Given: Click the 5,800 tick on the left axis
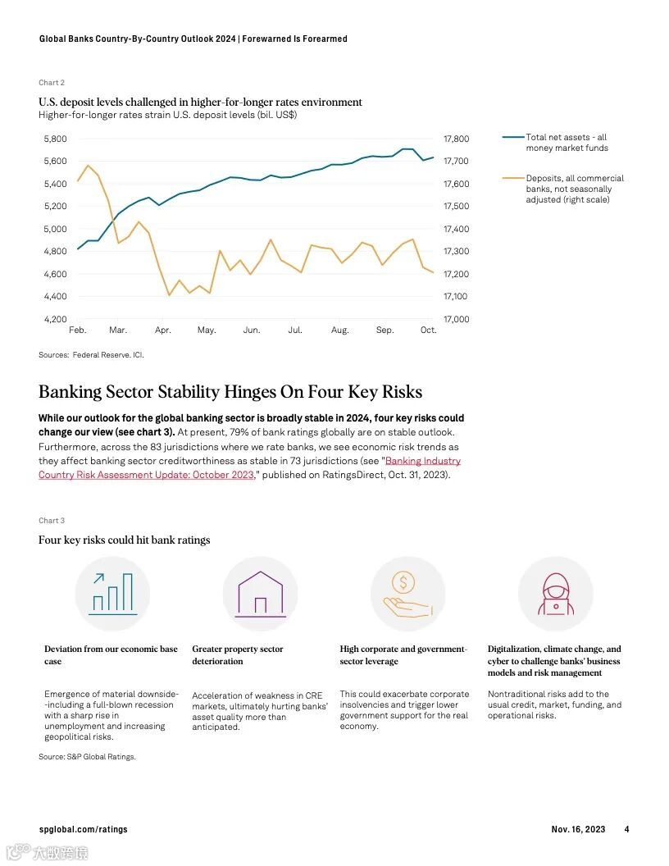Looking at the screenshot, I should pyautogui.click(x=55, y=139).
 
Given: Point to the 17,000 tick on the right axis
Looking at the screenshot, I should pyautogui.click(x=456, y=319).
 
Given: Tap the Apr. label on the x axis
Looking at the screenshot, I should pyautogui.click(x=163, y=330).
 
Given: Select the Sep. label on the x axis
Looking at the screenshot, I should pyautogui.click(x=385, y=330).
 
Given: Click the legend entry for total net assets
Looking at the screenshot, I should pyautogui.click(x=566, y=143).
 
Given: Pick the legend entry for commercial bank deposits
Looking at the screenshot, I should pyautogui.click(x=574, y=189).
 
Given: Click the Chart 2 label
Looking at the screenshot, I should pyautogui.click(x=52, y=83).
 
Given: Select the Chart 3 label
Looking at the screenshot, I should pyautogui.click(x=52, y=521).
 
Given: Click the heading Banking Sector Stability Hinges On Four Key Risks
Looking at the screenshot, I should pyautogui.click(x=230, y=392).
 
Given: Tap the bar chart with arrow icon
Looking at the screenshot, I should pyautogui.click(x=112, y=594).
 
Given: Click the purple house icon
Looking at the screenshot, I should pyautogui.click(x=260, y=594).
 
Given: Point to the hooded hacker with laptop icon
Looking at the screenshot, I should pyautogui.click(x=555, y=595).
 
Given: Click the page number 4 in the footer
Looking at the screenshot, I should pyautogui.click(x=626, y=829).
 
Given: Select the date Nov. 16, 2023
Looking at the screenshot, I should pyautogui.click(x=578, y=829).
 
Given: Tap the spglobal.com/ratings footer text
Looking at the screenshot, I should pyautogui.click(x=83, y=829).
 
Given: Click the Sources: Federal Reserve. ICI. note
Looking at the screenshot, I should pyautogui.click(x=91, y=355).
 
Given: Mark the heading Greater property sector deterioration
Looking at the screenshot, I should pyautogui.click(x=238, y=654).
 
